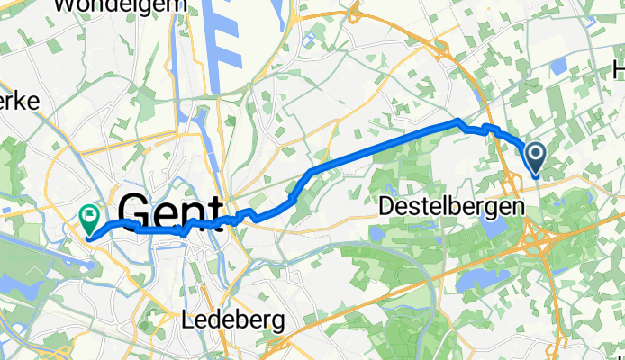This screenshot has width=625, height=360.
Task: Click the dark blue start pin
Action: click(535, 157)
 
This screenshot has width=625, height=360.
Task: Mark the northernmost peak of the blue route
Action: click(458, 121)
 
